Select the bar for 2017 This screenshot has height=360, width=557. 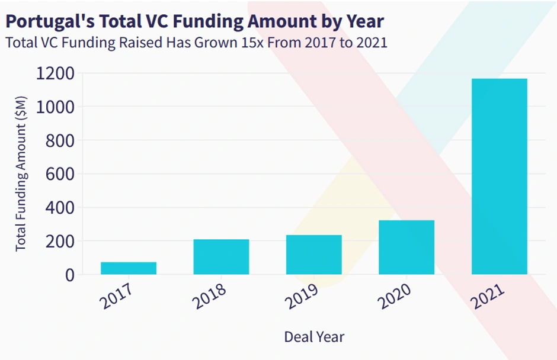click(x=129, y=268)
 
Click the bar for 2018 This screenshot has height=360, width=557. click(x=221, y=257)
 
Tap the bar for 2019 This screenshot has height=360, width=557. click(x=313, y=255)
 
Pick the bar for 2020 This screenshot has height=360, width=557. click(x=406, y=247)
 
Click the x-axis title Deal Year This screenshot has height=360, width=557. click(x=314, y=337)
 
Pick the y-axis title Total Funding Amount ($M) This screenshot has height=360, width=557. click(x=21, y=174)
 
